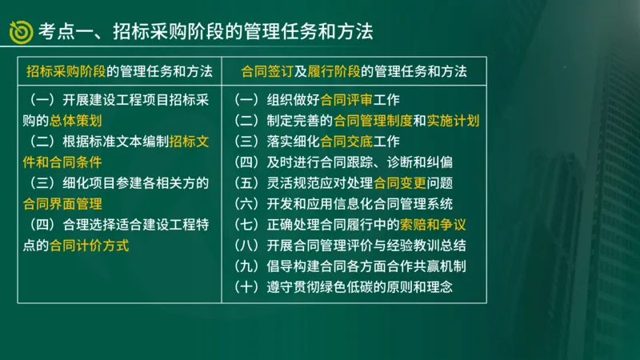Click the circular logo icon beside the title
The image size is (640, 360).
[20, 31]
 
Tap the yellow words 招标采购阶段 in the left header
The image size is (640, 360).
[66, 71]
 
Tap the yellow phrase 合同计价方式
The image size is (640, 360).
[89, 246]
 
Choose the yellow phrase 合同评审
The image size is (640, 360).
[346, 101]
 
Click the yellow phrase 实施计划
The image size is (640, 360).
[453, 122]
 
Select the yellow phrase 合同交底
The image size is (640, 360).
[346, 142]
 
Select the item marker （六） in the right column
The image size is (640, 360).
[248, 204]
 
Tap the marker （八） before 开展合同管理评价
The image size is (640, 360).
[248, 246]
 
